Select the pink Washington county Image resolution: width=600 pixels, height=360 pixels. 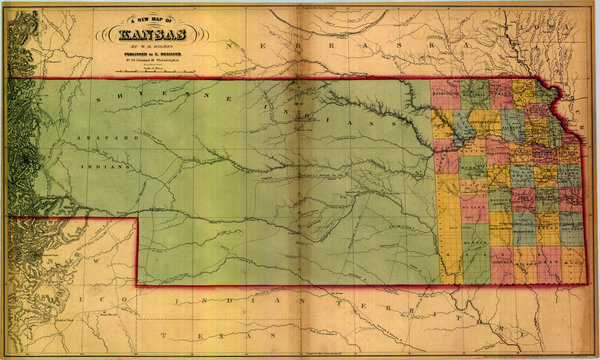[445, 94]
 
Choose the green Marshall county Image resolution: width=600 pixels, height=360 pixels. [474, 94]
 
